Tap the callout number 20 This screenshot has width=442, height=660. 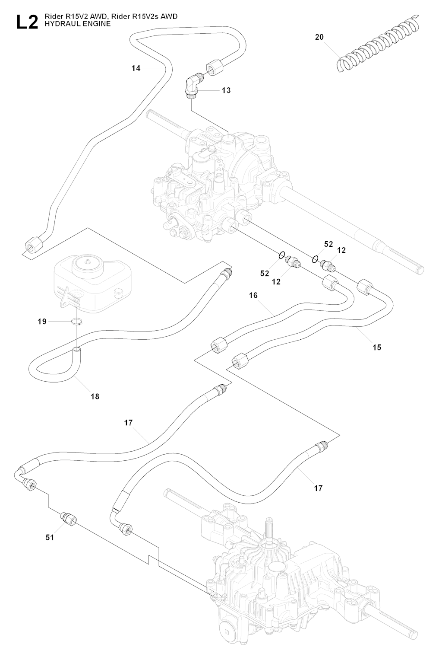319,37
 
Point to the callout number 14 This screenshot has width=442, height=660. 136,68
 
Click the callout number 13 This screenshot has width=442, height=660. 226,90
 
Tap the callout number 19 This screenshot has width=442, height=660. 42,322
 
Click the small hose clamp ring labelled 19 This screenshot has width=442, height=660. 77,321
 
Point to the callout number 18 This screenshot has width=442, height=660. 95,396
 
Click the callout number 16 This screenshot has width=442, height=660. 253,296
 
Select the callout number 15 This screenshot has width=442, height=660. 377,347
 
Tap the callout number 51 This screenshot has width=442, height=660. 50,537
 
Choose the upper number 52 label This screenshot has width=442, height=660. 328,244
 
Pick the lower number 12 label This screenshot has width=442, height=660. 276,282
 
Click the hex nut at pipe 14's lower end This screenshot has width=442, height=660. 31,247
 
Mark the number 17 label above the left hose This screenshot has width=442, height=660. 128,423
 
